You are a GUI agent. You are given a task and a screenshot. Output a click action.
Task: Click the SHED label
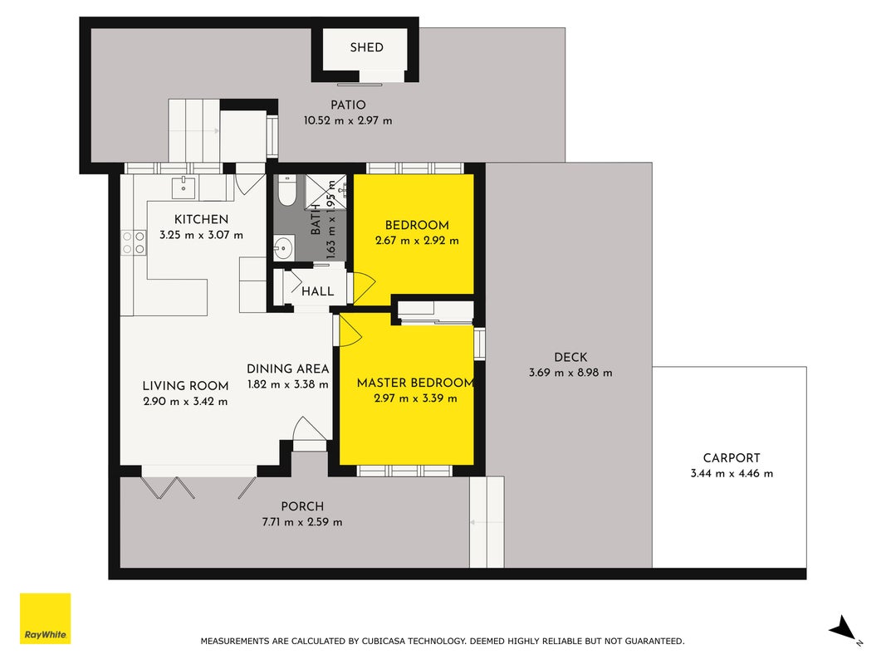[x=366, y=47]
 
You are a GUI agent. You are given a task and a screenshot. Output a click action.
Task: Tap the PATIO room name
[x=348, y=105]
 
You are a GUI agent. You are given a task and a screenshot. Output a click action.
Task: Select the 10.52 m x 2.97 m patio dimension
[x=348, y=120]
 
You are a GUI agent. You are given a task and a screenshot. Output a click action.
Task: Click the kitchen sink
[x=183, y=188]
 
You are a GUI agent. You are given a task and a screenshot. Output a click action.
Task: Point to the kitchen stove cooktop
[x=134, y=242]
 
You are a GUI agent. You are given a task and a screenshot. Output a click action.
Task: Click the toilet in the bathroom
[x=287, y=191]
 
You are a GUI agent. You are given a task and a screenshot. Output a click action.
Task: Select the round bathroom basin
[x=283, y=247]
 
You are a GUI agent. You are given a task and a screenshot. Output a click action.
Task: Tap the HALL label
[x=317, y=291]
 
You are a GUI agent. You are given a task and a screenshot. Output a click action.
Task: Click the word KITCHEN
[x=201, y=219]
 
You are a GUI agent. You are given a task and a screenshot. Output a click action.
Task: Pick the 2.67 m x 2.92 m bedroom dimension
[x=417, y=241]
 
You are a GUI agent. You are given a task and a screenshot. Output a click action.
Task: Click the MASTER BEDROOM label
[x=415, y=383]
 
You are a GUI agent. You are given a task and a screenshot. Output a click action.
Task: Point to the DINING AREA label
[x=287, y=369]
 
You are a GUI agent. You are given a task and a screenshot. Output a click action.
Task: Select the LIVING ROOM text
[x=185, y=386]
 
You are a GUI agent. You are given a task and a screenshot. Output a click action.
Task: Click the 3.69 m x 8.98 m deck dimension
[x=570, y=373]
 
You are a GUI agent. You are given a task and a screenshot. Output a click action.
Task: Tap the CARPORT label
[x=732, y=458]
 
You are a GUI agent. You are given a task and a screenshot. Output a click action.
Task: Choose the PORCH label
[x=302, y=506]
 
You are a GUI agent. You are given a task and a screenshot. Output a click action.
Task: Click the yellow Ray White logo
[x=45, y=618]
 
